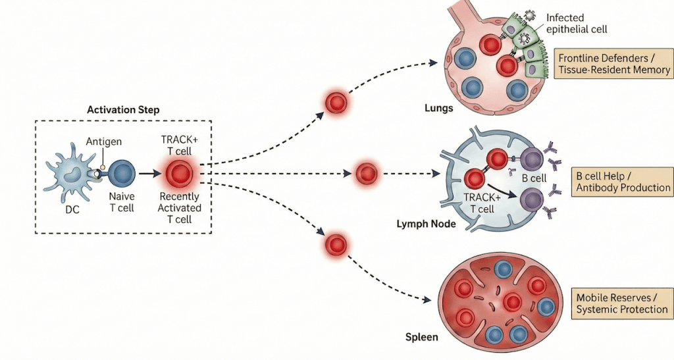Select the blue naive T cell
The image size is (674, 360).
[x=121, y=174]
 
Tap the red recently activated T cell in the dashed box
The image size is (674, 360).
[x=178, y=175]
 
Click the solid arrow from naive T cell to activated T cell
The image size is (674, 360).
[x=150, y=175]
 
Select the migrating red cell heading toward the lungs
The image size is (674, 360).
[x=336, y=103]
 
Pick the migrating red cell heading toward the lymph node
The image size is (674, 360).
[x=366, y=174]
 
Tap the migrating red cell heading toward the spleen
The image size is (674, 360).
[x=336, y=245]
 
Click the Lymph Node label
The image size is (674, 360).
[x=427, y=224]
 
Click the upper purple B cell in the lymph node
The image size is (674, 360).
[x=531, y=159]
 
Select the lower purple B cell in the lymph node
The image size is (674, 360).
[x=531, y=199]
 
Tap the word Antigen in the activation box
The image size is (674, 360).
[x=103, y=141]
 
